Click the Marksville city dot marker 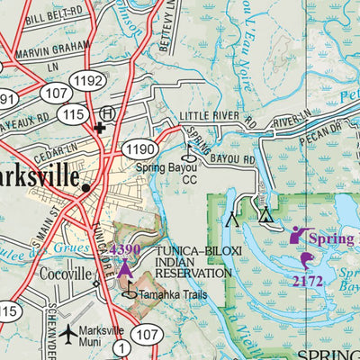tap(85, 189)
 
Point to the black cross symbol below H tap(100, 129)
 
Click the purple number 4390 tap(125, 248)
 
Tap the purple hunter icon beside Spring tap(297, 236)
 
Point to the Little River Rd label tap(217, 118)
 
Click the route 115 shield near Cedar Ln tap(74, 114)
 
